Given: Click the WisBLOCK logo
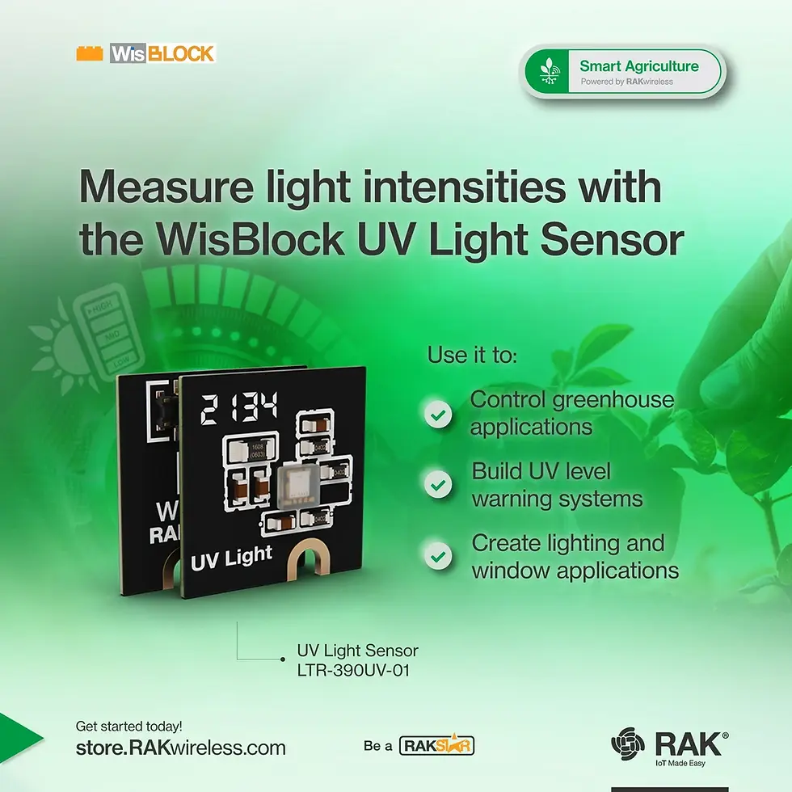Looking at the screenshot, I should (146, 54).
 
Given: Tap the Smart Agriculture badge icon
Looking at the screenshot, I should (549, 71).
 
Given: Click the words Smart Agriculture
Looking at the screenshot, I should (638, 65).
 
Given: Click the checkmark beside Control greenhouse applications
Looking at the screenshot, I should (439, 415).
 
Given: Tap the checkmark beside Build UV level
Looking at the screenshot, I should (439, 485).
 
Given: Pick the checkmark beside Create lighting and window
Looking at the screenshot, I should (439, 557).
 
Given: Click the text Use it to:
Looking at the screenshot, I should (472, 355).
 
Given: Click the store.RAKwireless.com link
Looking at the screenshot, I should (180, 748).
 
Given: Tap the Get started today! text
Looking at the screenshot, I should (128, 726).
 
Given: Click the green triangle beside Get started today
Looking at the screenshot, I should (18, 736).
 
